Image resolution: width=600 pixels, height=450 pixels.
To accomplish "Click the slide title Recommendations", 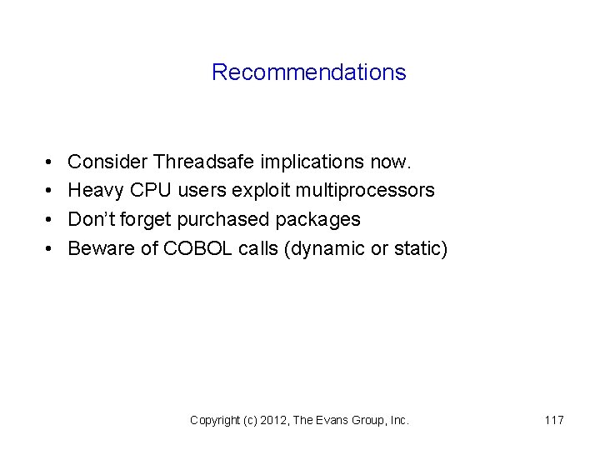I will (x=308, y=72).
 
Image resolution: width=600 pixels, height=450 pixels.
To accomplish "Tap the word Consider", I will (x=107, y=161).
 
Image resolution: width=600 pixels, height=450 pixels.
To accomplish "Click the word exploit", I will (x=264, y=190).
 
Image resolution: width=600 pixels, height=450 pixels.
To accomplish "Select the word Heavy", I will (x=96, y=190).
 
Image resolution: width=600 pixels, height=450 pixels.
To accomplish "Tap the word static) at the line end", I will (x=421, y=248).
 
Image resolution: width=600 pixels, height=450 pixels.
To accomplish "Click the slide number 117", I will (x=554, y=421).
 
